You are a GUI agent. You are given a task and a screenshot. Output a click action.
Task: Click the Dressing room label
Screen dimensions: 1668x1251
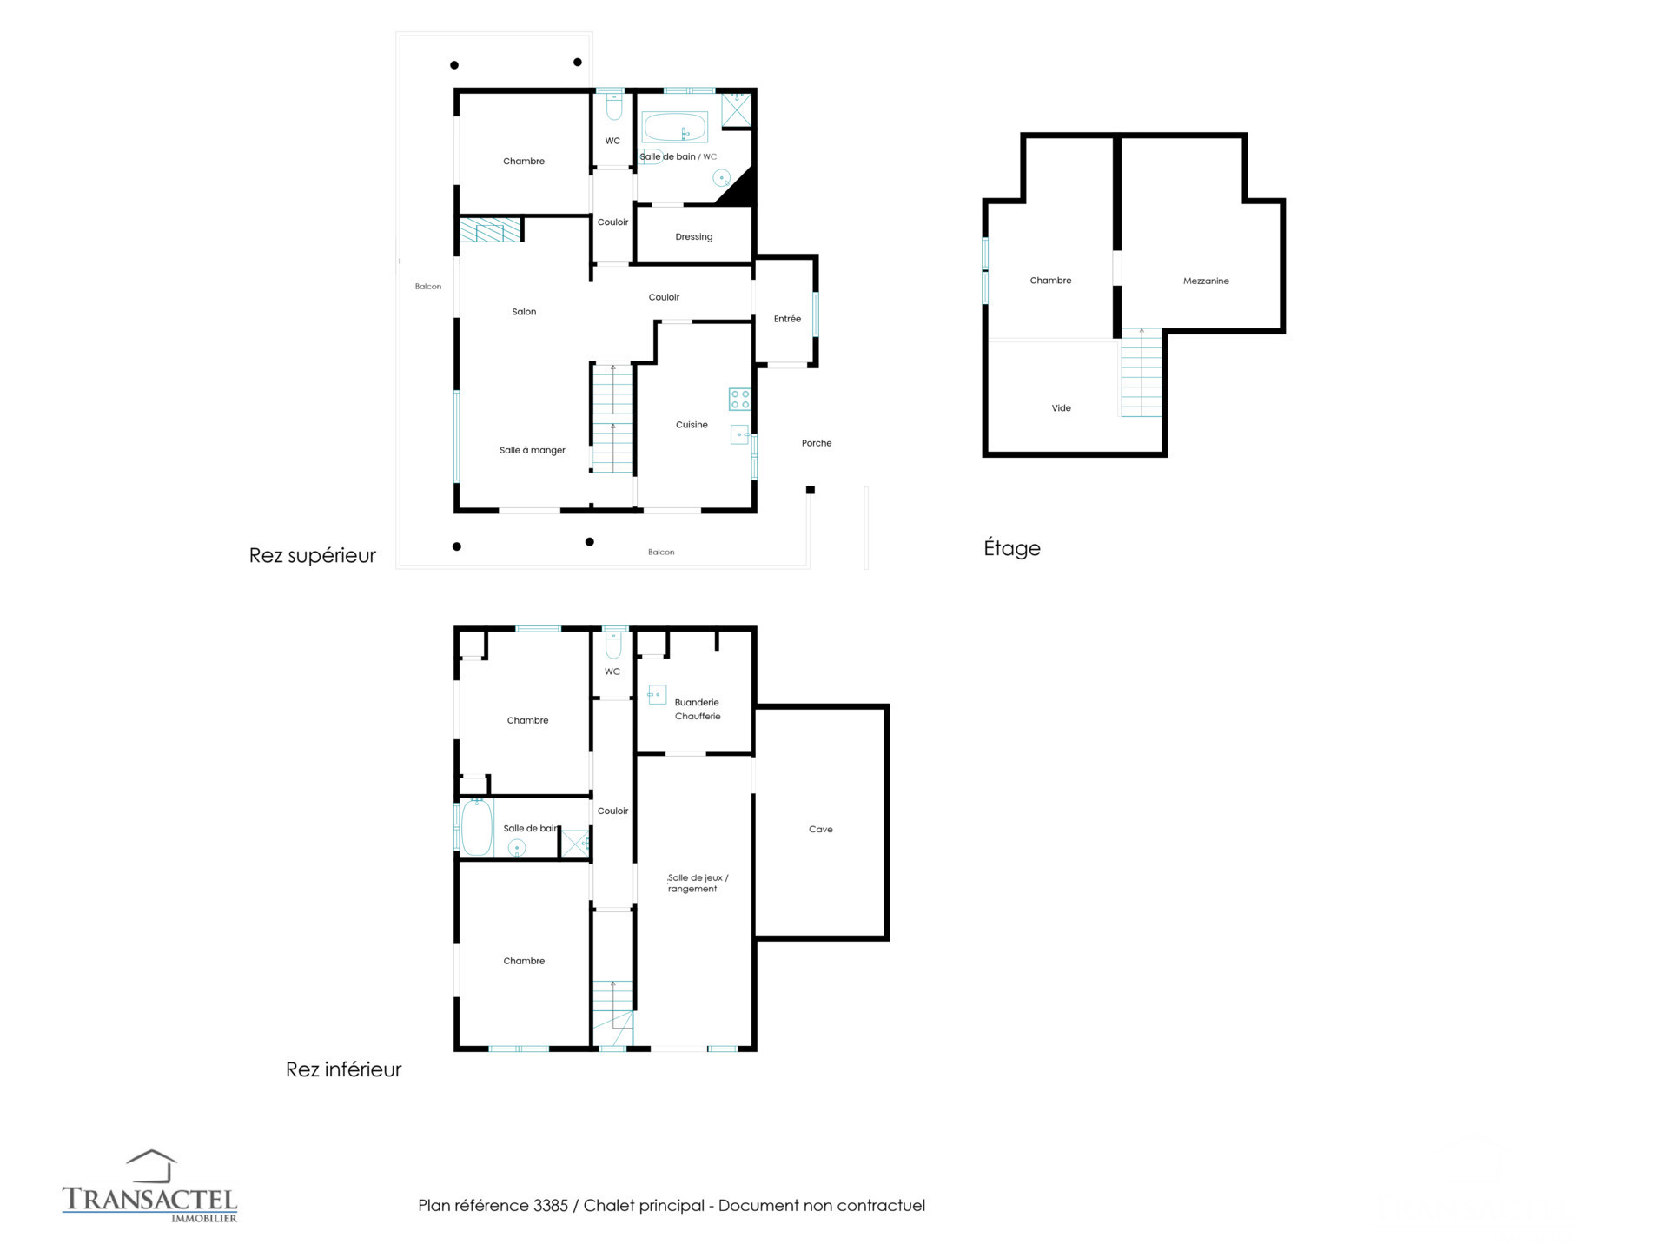click(693, 236)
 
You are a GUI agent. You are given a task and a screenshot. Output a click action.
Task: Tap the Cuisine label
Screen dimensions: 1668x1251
click(692, 425)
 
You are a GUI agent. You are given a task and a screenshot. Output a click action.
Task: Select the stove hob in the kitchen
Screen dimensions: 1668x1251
click(739, 400)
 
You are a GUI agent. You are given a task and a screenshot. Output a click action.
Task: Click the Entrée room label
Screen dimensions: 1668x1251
click(787, 319)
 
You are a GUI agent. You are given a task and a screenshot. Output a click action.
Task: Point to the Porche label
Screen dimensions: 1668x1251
click(817, 443)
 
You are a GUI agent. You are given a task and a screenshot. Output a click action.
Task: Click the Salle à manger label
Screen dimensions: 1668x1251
click(533, 450)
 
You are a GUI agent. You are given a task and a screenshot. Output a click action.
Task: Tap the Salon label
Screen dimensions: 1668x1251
click(524, 312)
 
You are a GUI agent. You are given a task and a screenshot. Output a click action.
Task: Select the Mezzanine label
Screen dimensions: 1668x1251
click(1206, 281)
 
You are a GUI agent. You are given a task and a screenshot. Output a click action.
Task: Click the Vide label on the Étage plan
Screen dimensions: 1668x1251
click(1061, 407)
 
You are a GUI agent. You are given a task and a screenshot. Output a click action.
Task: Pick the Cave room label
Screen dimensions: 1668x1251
click(820, 829)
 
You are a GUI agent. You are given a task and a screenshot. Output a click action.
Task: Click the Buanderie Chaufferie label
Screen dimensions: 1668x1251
click(698, 709)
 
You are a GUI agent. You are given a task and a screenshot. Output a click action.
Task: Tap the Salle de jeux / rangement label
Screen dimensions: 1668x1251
click(698, 883)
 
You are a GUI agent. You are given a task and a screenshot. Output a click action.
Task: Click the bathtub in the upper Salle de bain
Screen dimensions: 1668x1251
click(675, 128)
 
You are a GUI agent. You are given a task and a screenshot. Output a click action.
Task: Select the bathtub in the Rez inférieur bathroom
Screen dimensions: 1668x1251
click(477, 828)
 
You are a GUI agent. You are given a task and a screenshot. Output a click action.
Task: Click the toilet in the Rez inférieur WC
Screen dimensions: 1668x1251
click(613, 645)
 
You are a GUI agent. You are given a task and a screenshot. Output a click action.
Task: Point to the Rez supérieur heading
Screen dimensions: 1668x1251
click(313, 555)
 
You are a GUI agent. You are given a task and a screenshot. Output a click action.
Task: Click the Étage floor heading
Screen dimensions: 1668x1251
click(1012, 548)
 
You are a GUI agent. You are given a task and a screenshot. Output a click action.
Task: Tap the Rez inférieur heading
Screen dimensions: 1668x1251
click(343, 1069)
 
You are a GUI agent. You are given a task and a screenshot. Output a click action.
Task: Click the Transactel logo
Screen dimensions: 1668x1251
click(149, 1187)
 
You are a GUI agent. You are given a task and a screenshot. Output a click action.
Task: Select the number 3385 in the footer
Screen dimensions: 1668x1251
click(551, 1206)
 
